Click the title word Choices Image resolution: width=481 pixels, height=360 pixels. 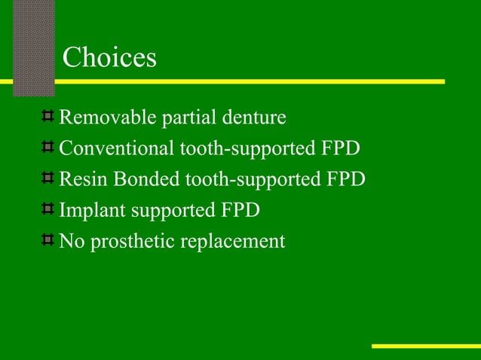[109, 58]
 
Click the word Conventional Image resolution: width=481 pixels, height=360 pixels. [117, 149]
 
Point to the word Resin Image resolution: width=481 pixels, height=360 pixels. [80, 180]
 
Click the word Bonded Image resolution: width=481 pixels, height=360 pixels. [138, 180]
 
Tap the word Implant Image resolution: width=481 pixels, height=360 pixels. [89, 211]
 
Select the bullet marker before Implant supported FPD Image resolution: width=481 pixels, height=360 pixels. [47, 209]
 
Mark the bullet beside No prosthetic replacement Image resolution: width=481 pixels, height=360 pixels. [47, 240]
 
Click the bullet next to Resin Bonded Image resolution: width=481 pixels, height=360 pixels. [47, 178]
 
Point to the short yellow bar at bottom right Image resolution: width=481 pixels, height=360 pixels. [426, 346]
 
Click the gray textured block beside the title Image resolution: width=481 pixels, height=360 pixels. [33, 45]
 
